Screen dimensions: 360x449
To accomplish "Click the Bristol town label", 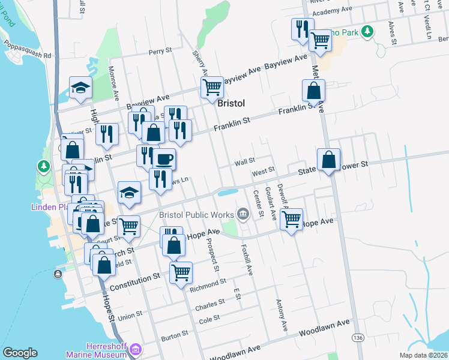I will coord(231,103).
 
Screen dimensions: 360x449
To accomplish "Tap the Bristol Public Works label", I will coord(197,214).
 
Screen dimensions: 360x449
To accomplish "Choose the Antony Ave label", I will coord(279,314).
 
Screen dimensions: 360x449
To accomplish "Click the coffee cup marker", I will coord(164,160).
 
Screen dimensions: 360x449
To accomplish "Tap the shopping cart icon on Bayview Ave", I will coord(212,87).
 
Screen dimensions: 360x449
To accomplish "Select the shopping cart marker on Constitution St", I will coord(181,272).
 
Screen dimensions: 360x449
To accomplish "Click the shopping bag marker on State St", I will coord(328,160).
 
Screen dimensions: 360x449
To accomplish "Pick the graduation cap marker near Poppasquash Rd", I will coord(80,88).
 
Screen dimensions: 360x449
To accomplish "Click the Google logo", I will coord(20,353).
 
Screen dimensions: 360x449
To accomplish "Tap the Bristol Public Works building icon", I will coord(243,213).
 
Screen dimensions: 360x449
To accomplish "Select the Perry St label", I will coord(160,52).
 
